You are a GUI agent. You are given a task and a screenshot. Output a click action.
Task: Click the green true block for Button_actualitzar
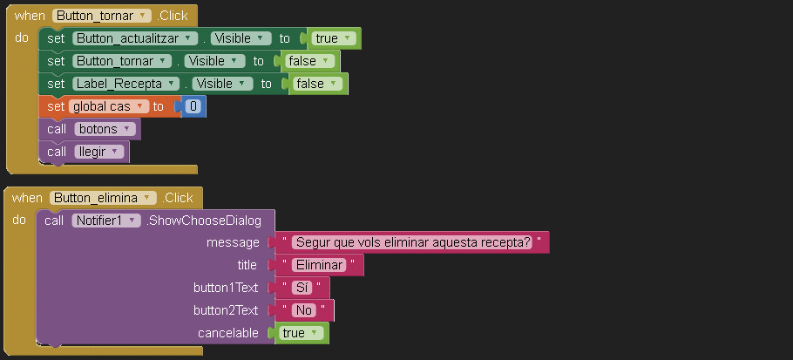[334, 38]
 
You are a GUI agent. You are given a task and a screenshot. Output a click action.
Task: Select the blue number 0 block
[193, 106]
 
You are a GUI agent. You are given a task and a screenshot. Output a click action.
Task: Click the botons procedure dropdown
[105, 129]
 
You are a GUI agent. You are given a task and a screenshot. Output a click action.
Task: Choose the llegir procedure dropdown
[100, 152]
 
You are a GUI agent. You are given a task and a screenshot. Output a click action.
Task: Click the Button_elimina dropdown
[103, 198]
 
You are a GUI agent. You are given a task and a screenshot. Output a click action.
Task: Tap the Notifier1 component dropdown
[105, 221]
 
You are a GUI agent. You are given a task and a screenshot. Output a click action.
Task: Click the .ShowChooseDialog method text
[204, 221]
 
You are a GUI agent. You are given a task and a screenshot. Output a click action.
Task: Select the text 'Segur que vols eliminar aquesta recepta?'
[412, 242]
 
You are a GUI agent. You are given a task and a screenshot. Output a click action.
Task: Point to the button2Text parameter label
[226, 310]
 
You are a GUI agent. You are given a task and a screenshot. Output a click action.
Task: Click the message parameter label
[233, 242]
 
